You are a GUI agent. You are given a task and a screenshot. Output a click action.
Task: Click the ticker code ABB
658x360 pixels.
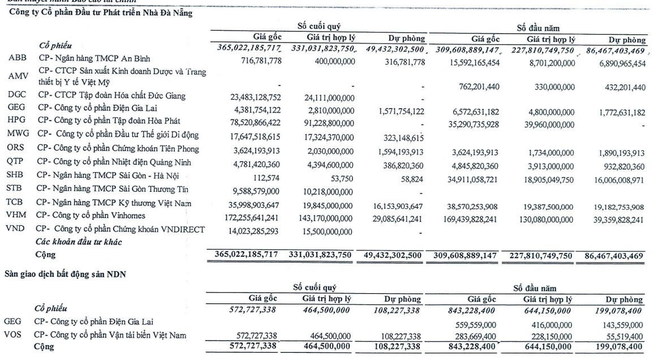click(16, 58)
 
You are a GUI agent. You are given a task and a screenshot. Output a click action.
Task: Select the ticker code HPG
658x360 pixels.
click(17, 121)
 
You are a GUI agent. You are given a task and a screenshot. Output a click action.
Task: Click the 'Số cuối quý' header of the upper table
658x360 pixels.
click(319, 27)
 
